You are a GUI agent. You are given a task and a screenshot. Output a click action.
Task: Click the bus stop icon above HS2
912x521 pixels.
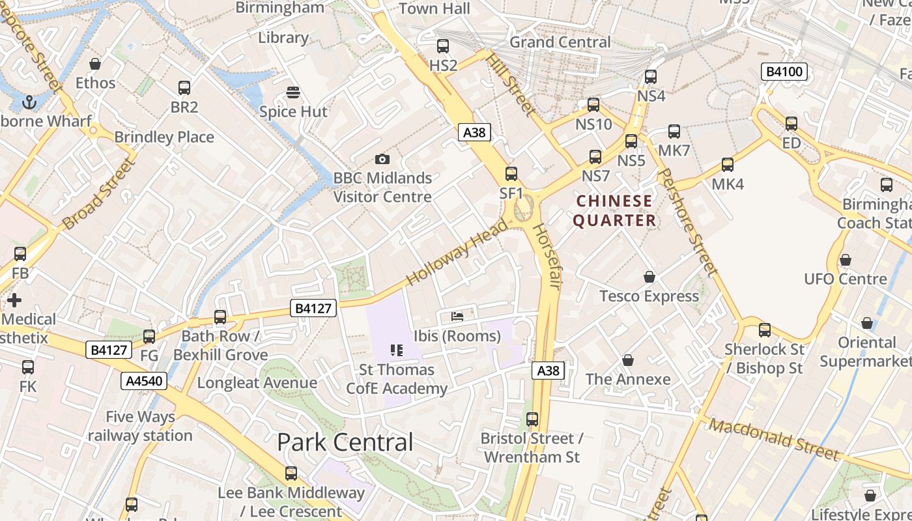pyautogui.click(x=443, y=46)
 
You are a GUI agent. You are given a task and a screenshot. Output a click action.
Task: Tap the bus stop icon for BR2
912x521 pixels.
pyautogui.click(x=184, y=88)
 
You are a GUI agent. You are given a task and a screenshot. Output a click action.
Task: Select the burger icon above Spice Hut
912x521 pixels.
pyautogui.click(x=293, y=92)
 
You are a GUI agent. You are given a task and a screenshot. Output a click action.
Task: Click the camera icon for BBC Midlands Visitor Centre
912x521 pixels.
pyautogui.click(x=382, y=160)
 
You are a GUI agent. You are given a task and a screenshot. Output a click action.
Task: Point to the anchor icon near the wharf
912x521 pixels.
pyautogui.click(x=29, y=102)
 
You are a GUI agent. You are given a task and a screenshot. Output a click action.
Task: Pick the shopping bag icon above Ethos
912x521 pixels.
pyautogui.click(x=95, y=64)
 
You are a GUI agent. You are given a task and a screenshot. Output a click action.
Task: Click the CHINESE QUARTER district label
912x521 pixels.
pyautogui.click(x=614, y=210)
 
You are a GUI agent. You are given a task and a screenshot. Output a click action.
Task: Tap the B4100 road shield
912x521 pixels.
pyautogui.click(x=784, y=72)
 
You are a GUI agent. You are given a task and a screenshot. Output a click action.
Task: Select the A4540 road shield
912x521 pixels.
pyautogui.click(x=143, y=381)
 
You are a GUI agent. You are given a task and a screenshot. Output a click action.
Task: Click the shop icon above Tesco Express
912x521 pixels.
pyautogui.click(x=649, y=277)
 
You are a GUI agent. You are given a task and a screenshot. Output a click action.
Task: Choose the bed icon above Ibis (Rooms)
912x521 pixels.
pyautogui.click(x=457, y=317)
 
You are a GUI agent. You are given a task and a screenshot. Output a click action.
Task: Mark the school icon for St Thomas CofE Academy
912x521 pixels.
pyautogui.click(x=396, y=350)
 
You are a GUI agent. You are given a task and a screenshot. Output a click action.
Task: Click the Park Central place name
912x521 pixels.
pyautogui.click(x=345, y=442)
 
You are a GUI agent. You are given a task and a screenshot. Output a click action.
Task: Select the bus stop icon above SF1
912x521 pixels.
pyautogui.click(x=511, y=174)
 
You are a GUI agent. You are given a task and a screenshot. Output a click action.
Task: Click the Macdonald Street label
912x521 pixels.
pyautogui.click(x=773, y=440)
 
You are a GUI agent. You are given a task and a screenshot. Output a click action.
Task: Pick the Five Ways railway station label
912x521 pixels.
pyautogui.click(x=140, y=426)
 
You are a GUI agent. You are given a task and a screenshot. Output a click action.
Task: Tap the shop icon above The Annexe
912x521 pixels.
pyautogui.click(x=628, y=360)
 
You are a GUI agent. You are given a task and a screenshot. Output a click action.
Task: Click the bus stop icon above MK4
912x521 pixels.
pyautogui.click(x=727, y=165)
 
